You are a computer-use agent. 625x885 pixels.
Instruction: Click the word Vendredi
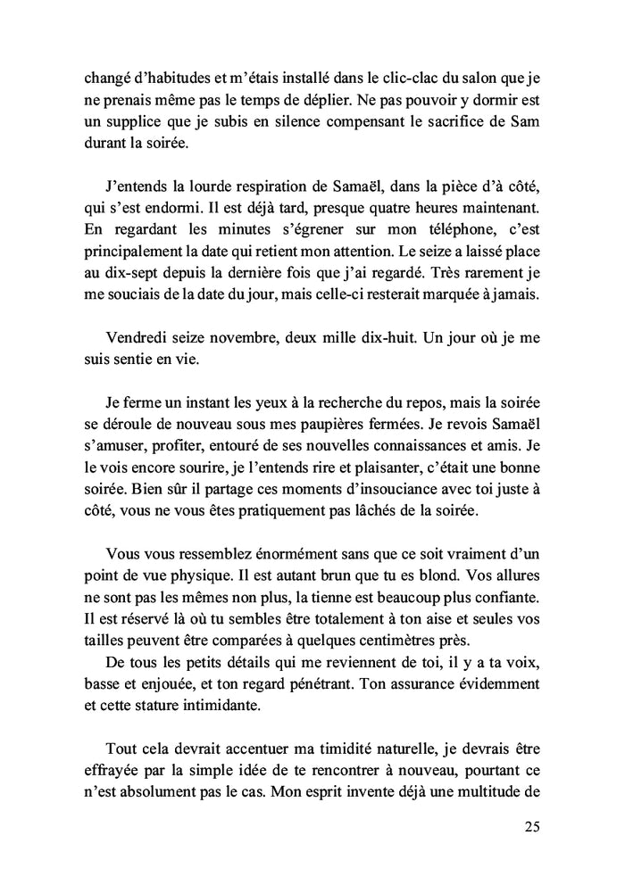tap(141, 337)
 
